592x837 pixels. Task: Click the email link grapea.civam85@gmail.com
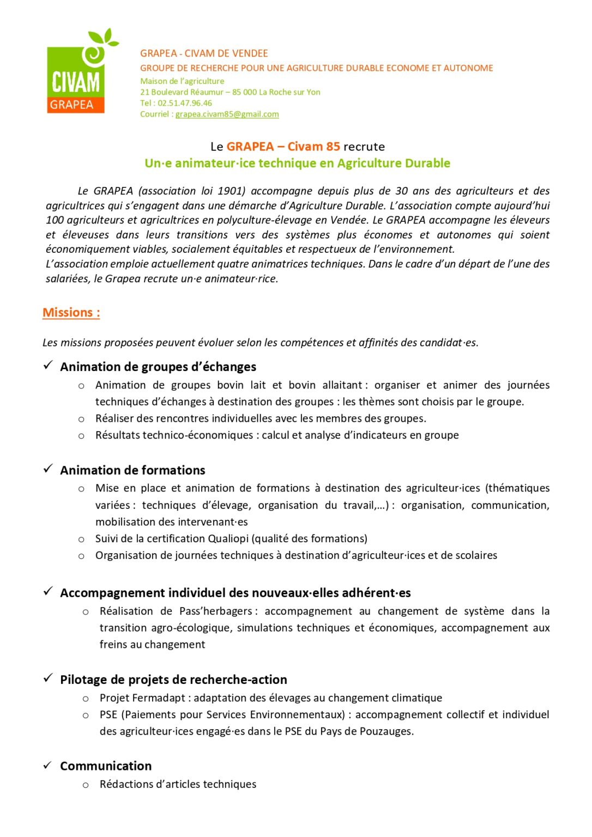point(227,114)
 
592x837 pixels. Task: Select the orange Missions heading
point(71,313)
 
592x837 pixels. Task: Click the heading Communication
point(106,766)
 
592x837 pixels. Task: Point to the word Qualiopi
point(228,539)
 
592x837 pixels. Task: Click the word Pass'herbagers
point(216,611)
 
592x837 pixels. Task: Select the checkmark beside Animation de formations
point(49,469)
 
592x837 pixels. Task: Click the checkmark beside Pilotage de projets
point(49,678)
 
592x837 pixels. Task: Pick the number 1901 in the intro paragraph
point(231,191)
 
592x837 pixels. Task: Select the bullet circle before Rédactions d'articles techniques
point(86,785)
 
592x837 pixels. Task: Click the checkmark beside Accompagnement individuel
point(49,592)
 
